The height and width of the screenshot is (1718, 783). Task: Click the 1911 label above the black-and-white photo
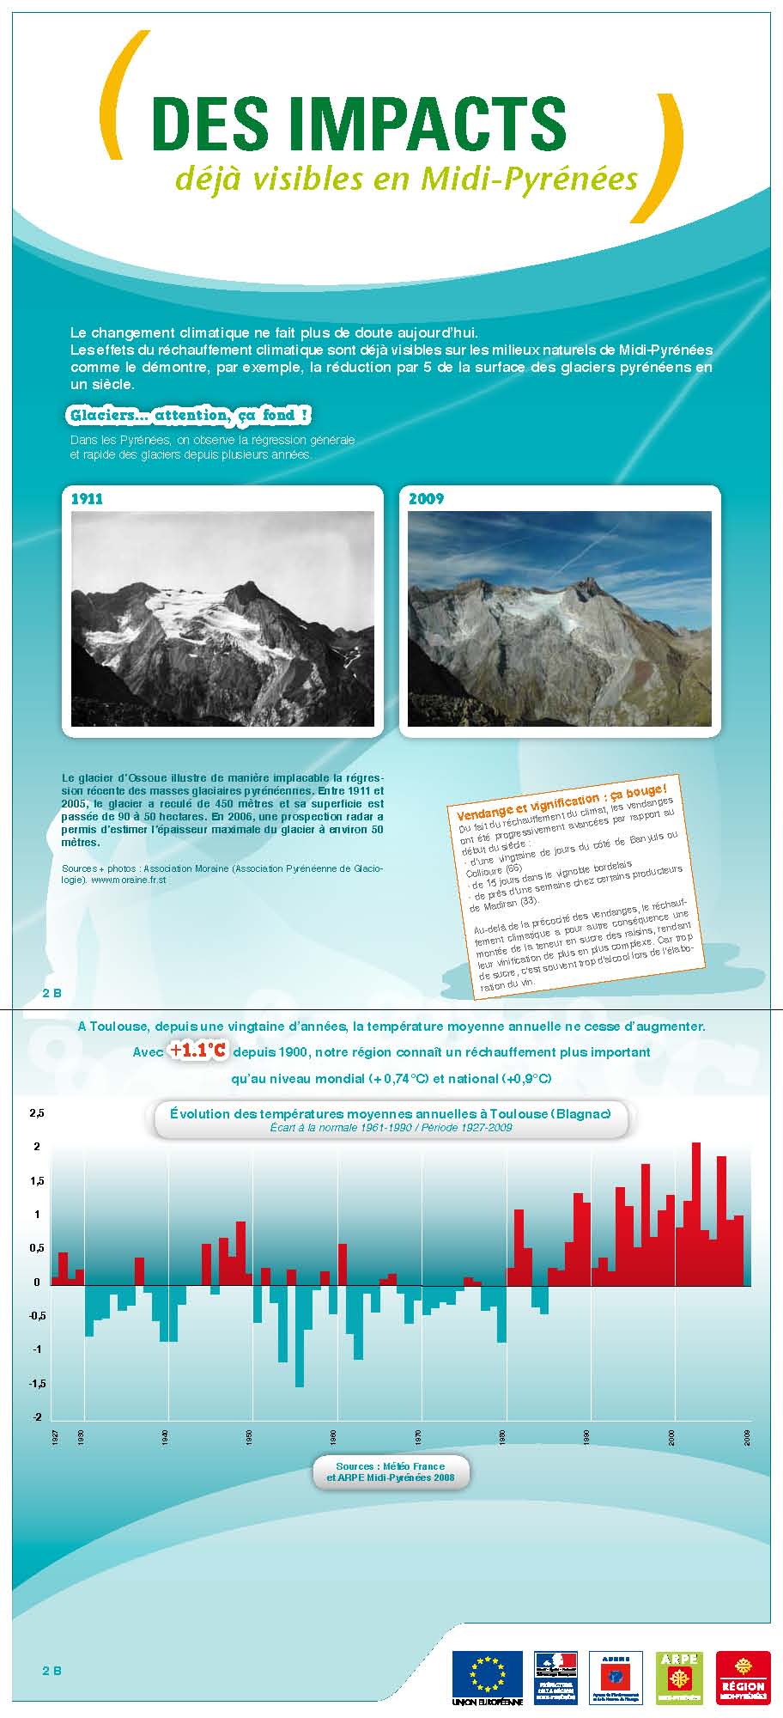pyautogui.click(x=86, y=499)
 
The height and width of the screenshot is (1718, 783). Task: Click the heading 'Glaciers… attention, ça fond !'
pyautogui.click(x=189, y=416)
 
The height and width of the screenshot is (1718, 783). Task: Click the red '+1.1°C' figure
pyautogui.click(x=197, y=1051)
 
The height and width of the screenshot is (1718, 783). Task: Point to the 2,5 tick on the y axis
pyautogui.click(x=36, y=1113)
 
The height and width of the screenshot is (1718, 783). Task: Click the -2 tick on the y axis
pyautogui.click(x=37, y=1417)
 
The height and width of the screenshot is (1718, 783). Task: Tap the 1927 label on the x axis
pyautogui.click(x=54, y=1438)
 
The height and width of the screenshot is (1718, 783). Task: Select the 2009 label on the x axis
pyautogui.click(x=747, y=1438)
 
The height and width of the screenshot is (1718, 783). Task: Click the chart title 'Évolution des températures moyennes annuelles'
pyautogui.click(x=390, y=1114)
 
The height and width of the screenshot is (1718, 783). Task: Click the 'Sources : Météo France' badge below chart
pyautogui.click(x=391, y=1471)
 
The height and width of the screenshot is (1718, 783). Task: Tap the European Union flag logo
pyautogui.click(x=486, y=1673)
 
